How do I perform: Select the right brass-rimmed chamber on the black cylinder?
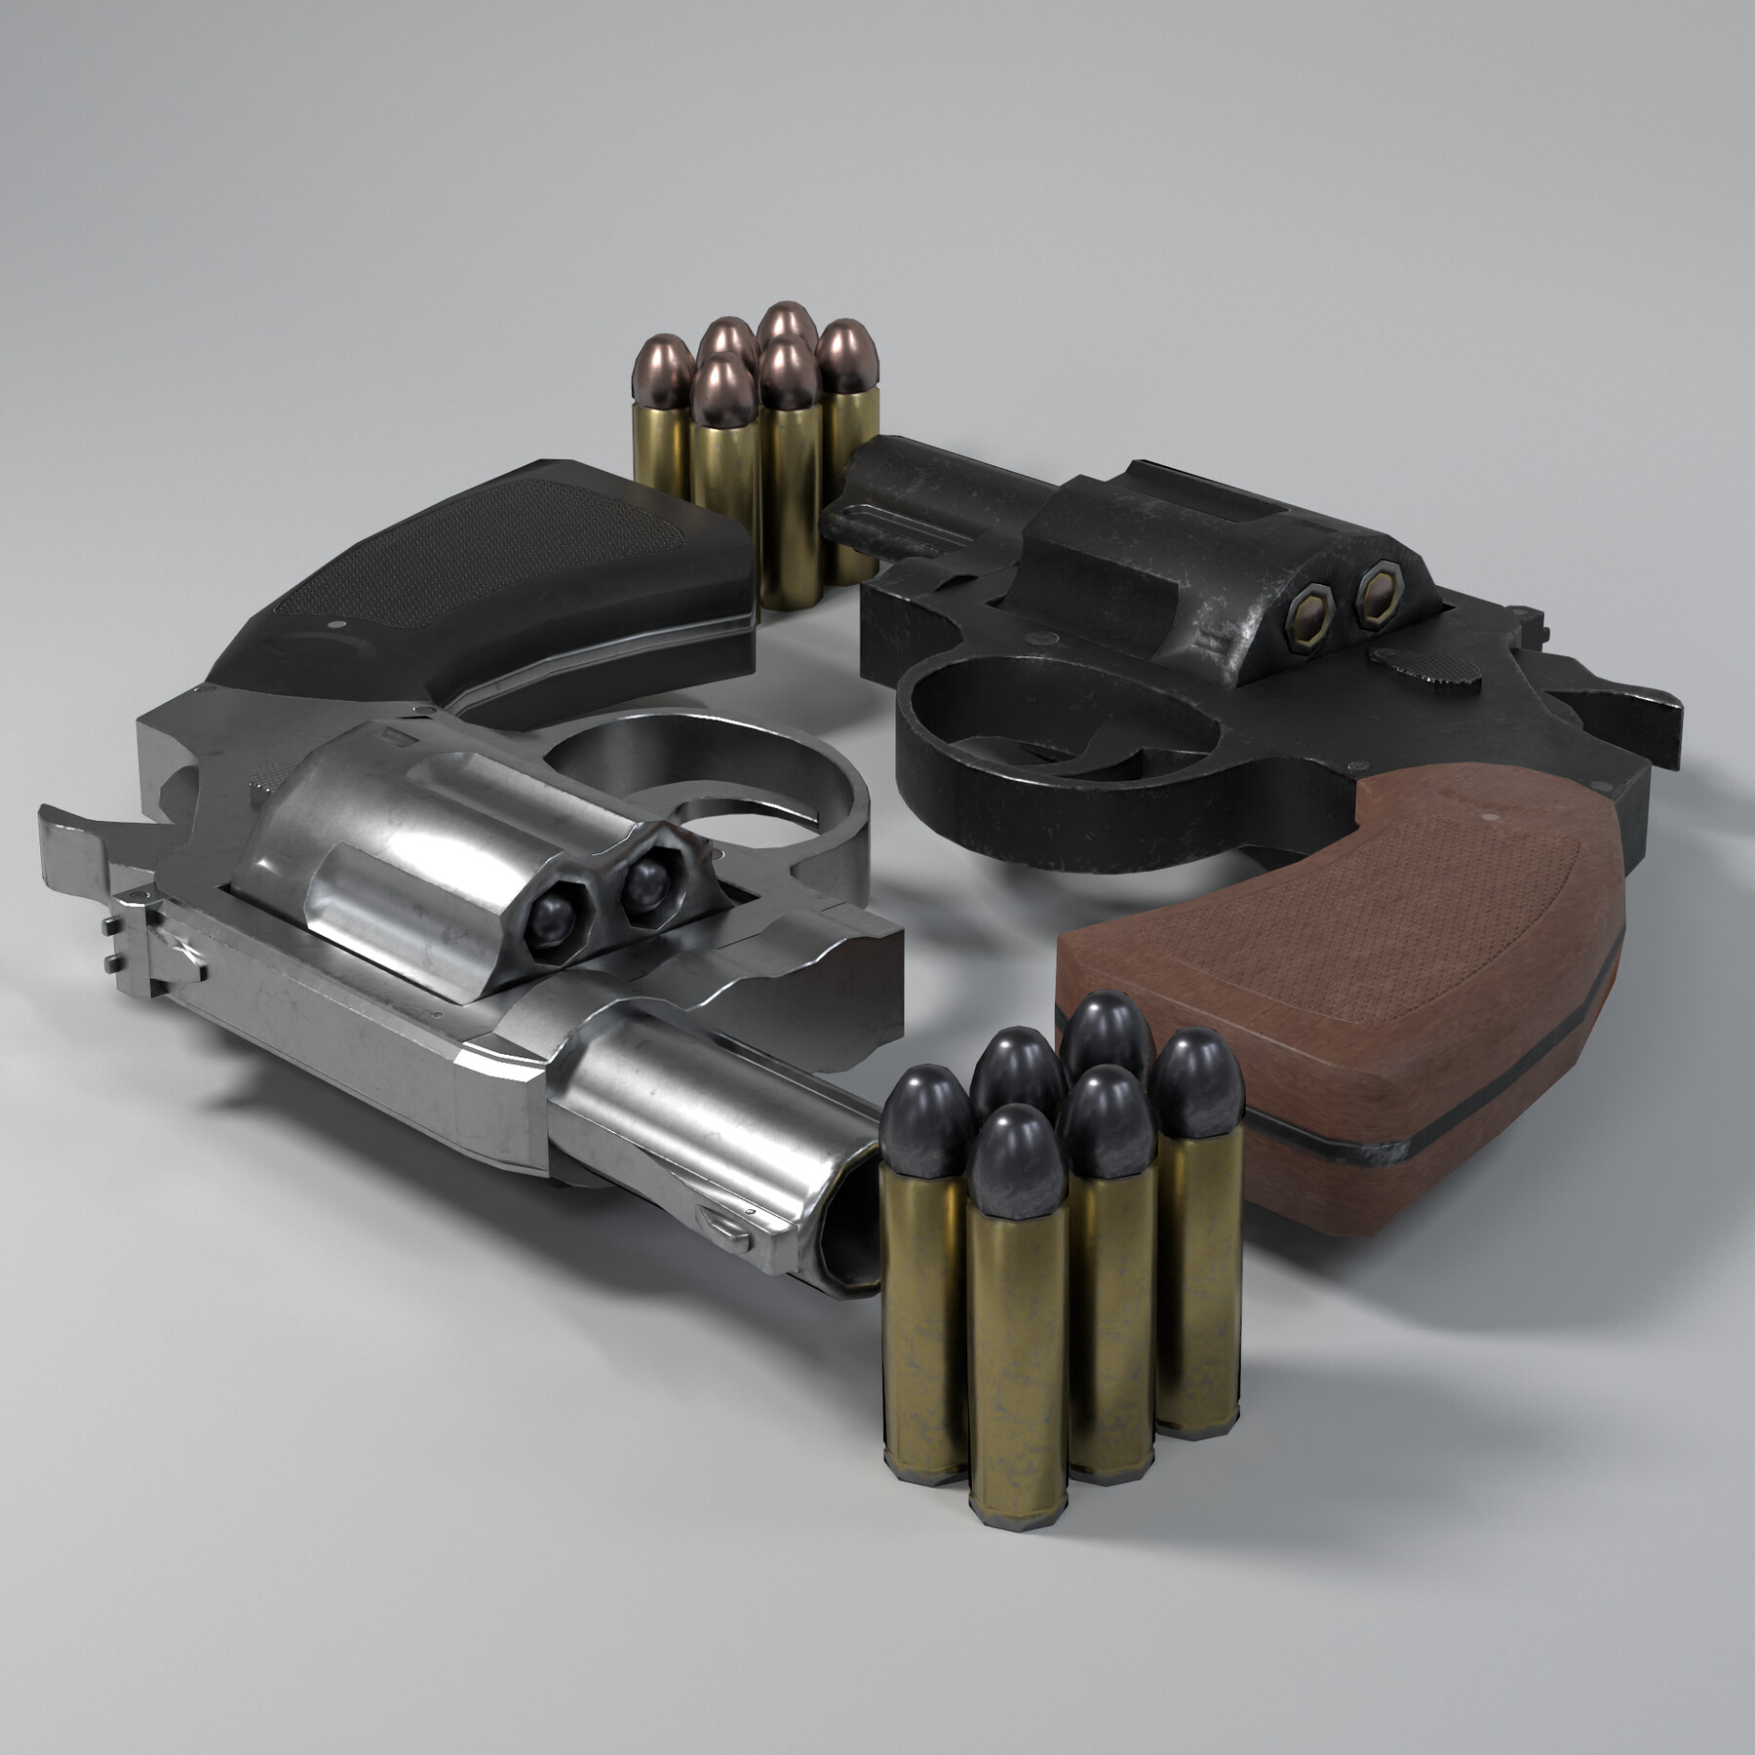tap(1378, 587)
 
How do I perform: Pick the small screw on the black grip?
tap(336, 624)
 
